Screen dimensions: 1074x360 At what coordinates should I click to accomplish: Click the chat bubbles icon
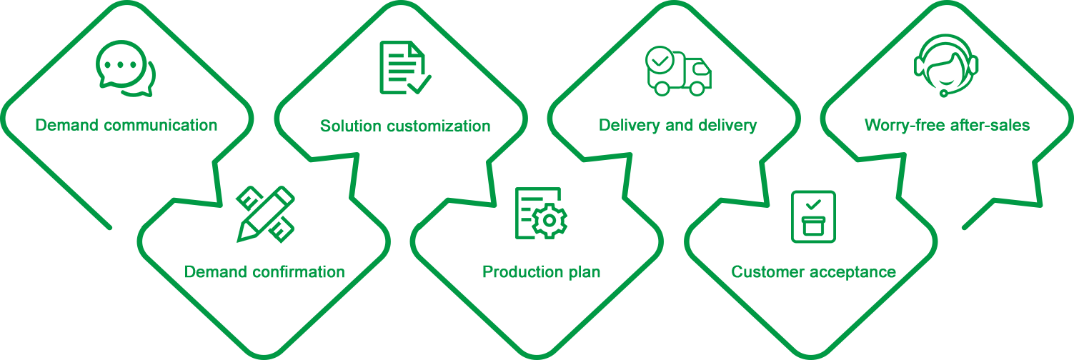pos(126,69)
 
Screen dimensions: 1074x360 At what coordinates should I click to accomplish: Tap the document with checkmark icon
pos(405,68)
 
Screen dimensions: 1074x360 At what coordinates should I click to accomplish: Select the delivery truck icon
pos(678,71)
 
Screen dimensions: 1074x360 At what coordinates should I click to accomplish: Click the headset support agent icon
pos(945,65)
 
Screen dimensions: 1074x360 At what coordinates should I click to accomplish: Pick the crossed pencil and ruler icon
pos(266,214)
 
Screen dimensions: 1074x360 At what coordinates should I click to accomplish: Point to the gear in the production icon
pos(550,221)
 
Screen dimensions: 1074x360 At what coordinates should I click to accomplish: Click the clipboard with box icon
pos(813,216)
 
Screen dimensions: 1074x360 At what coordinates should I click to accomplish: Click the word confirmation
pos(298,272)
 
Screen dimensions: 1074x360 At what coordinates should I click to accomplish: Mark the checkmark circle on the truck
pos(660,61)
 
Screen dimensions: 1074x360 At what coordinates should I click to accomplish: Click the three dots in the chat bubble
pos(120,65)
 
